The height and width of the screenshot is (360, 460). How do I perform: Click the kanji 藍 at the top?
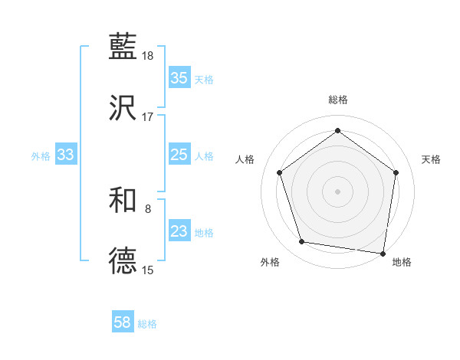click(123, 47)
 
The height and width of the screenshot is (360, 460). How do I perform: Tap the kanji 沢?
click(123, 109)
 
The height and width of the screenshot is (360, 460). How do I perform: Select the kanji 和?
click(123, 200)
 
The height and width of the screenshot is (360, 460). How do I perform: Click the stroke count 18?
click(149, 56)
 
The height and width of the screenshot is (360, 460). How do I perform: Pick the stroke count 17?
click(148, 117)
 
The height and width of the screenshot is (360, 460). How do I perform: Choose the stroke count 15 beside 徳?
click(148, 270)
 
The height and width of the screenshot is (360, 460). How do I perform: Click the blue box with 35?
click(179, 78)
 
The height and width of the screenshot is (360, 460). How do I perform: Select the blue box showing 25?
click(179, 155)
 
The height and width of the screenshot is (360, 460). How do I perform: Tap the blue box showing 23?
click(179, 231)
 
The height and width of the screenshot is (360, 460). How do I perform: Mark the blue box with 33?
click(65, 155)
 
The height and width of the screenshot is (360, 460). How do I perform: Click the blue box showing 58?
click(123, 322)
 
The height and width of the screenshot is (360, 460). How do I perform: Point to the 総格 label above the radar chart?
click(338, 100)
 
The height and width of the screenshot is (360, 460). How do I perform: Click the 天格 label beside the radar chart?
click(431, 159)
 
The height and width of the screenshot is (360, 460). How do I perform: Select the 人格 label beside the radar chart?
click(245, 159)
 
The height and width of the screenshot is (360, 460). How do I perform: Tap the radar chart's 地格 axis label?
click(402, 262)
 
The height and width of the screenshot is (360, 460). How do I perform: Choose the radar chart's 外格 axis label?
click(270, 262)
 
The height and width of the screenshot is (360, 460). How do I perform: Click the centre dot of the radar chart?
click(337, 191)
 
